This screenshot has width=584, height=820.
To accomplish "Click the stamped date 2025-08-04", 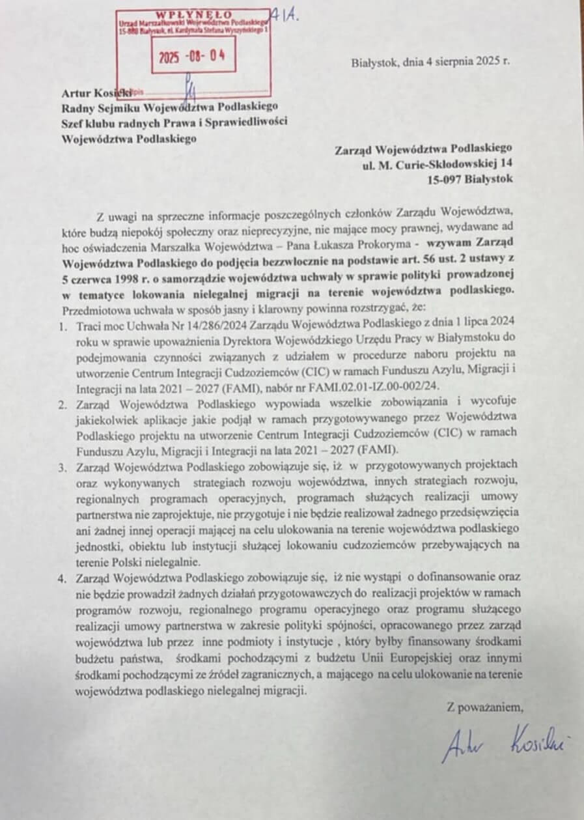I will click(x=192, y=56).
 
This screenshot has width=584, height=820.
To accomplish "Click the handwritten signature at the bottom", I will click(x=505, y=741).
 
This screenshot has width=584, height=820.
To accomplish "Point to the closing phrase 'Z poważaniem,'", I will click(x=485, y=706).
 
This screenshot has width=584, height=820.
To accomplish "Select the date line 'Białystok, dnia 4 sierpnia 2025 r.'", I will click(x=430, y=63).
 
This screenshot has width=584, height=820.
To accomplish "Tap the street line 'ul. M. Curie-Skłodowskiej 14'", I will click(x=438, y=163).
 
